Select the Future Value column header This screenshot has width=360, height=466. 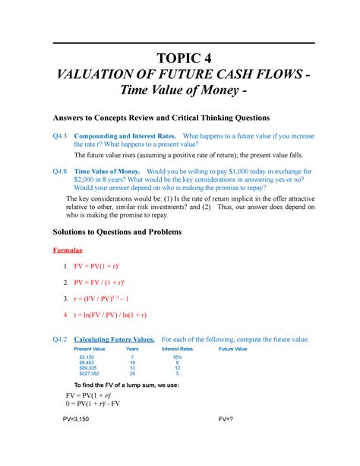click(233, 348)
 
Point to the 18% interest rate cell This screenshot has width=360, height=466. click(177, 357)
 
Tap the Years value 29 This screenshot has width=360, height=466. click(132, 373)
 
